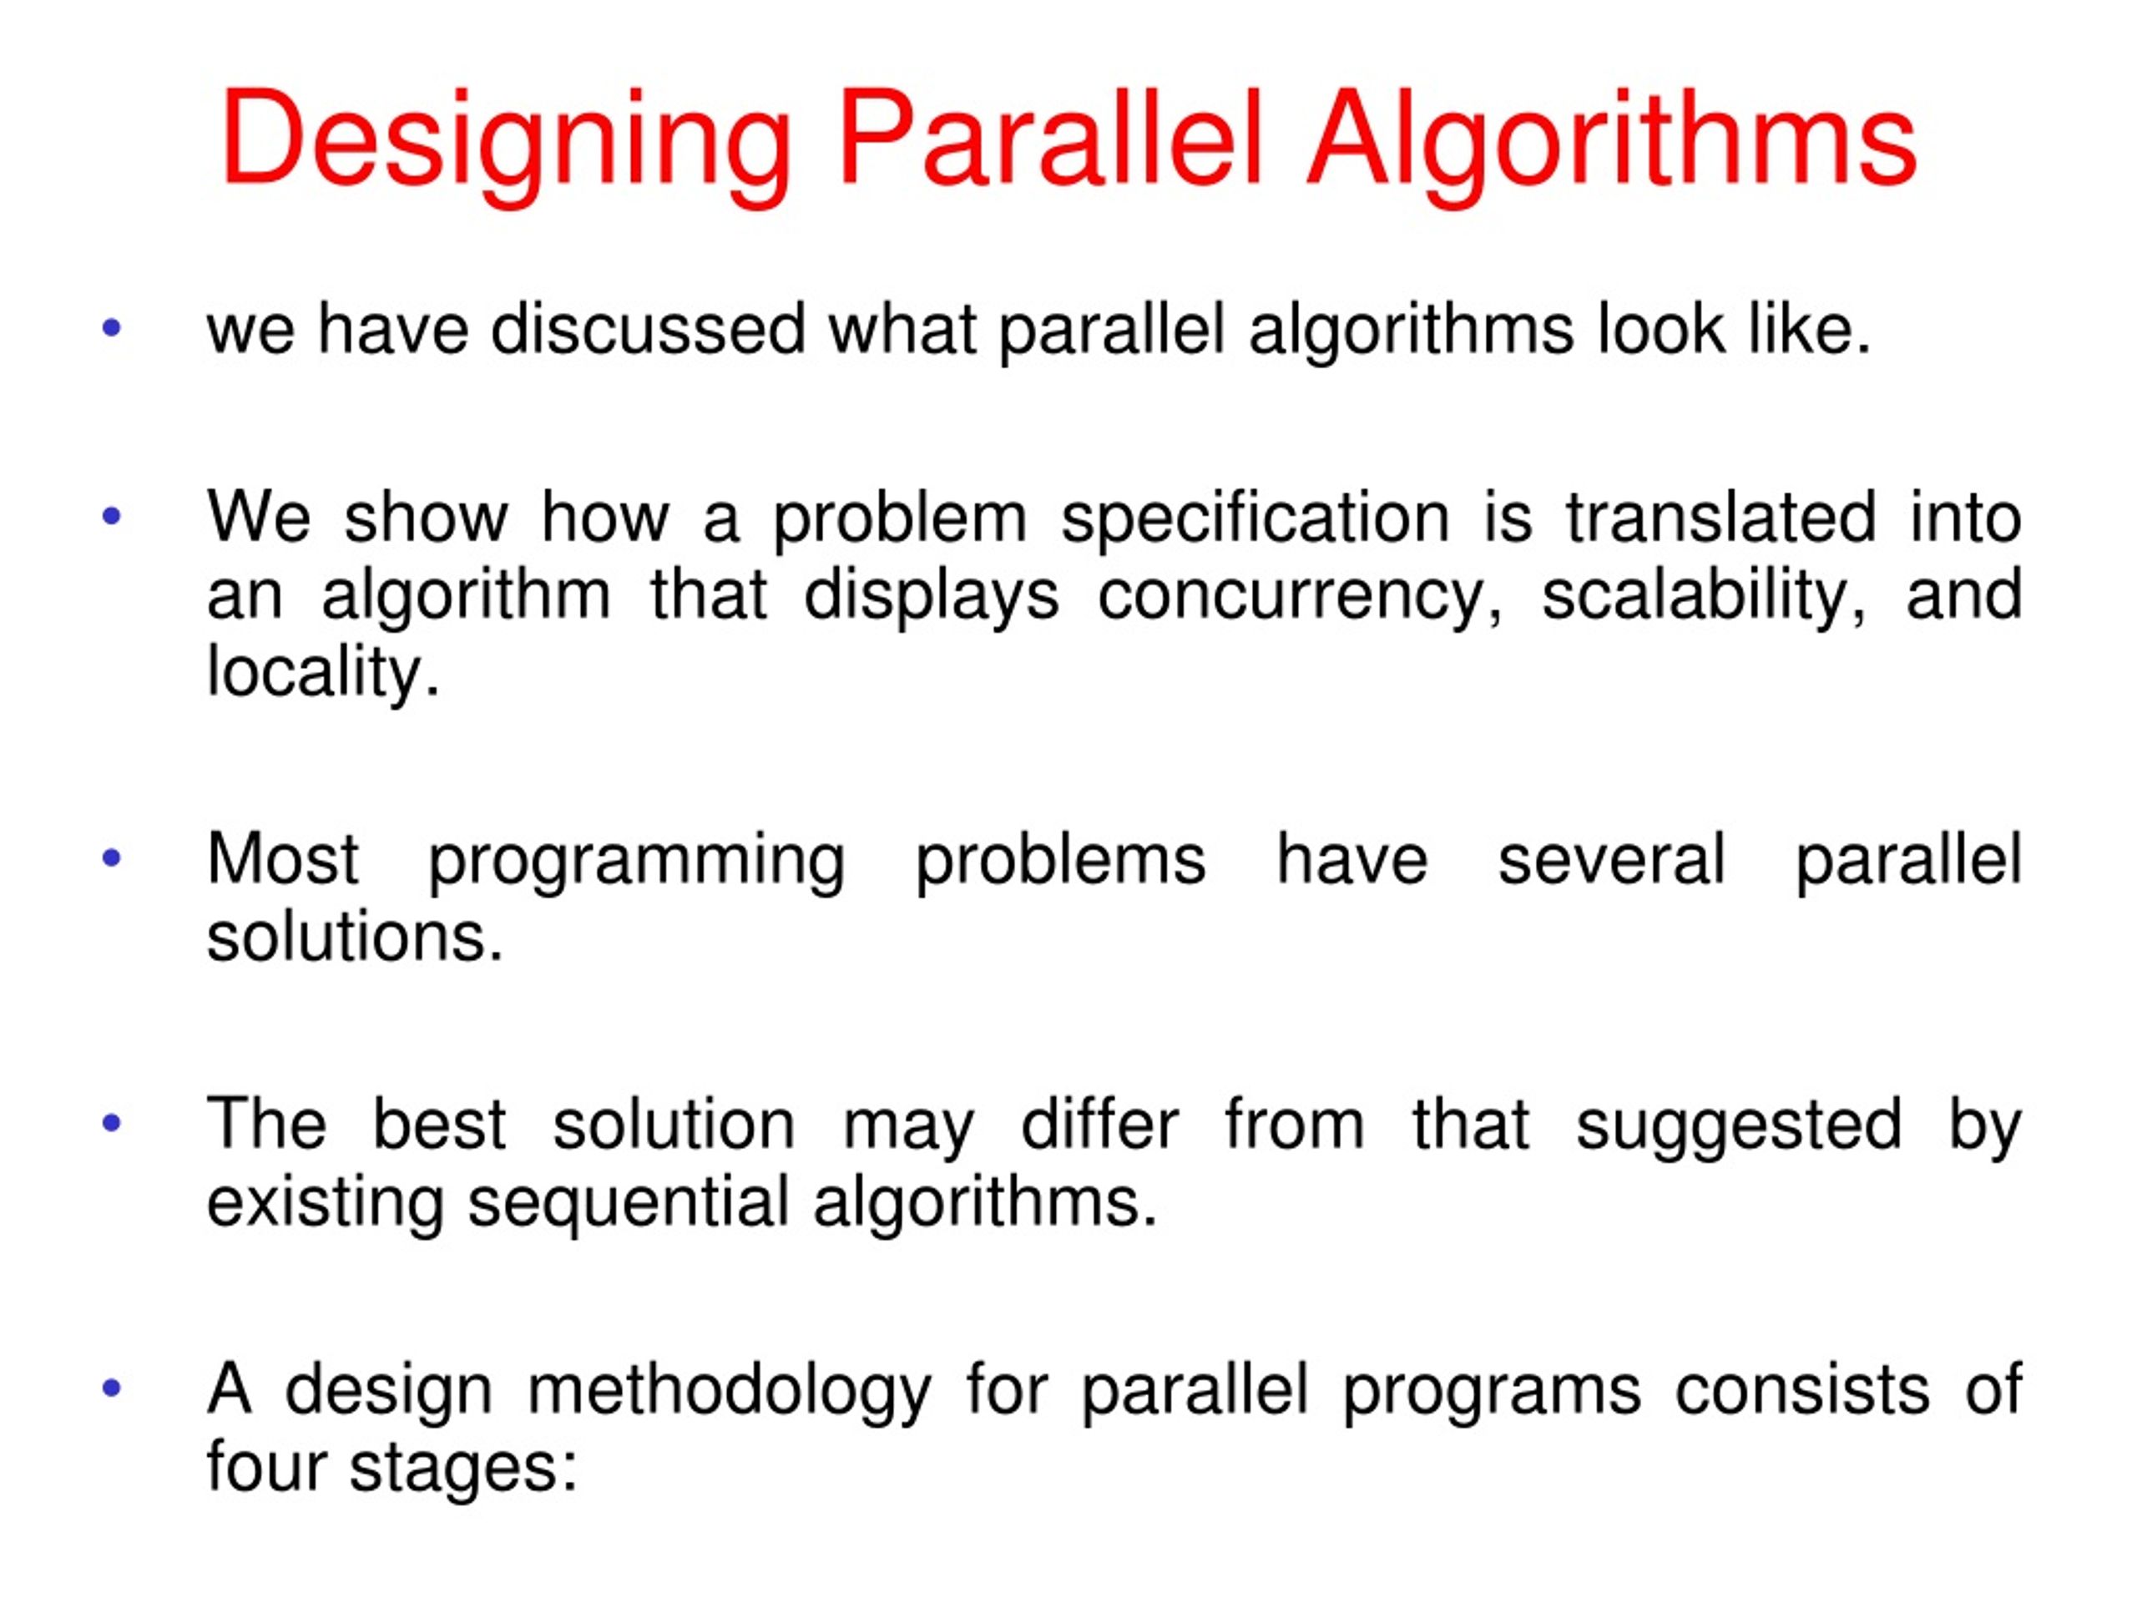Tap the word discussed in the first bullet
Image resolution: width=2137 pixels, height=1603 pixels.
point(647,330)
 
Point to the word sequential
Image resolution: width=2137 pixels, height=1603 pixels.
point(629,1204)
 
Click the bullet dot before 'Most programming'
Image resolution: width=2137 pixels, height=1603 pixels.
point(112,858)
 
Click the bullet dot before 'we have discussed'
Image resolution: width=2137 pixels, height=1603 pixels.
point(112,327)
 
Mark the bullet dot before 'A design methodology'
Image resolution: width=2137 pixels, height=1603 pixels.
point(112,1388)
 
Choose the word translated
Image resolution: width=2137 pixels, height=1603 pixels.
point(1721,518)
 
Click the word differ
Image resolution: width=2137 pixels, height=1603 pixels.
point(1099,1125)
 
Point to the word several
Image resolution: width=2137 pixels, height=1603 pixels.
point(1610,860)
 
